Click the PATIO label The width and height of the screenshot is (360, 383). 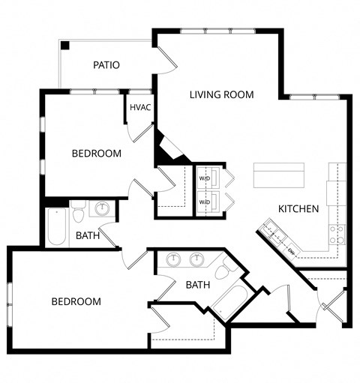(106, 65)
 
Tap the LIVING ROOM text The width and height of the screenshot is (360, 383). (221, 95)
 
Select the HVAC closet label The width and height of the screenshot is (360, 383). (140, 107)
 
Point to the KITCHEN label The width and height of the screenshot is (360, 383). (298, 208)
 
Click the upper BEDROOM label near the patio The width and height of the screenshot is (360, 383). (96, 154)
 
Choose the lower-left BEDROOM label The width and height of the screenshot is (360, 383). (76, 301)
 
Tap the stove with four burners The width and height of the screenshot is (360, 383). (337, 234)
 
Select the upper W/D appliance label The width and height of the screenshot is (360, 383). (204, 179)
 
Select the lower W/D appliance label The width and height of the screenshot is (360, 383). (204, 202)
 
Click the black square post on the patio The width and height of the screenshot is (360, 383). (66, 45)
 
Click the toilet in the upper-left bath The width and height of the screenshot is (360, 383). (79, 214)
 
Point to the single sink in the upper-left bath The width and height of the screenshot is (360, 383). (103, 208)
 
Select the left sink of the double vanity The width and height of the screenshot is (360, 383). (174, 259)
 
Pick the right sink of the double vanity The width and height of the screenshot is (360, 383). (198, 259)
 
